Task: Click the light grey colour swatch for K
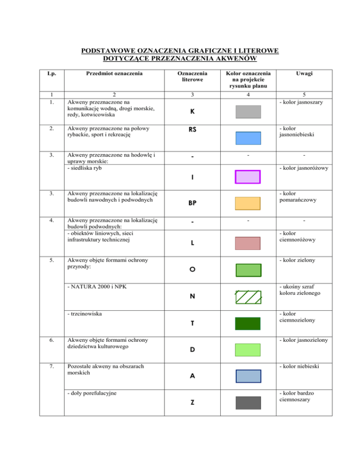click(247, 111)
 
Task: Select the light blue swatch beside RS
click(247, 138)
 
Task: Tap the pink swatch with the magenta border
click(247, 177)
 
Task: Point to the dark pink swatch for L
click(247, 243)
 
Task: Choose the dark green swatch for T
click(247, 323)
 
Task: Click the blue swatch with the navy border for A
click(247, 376)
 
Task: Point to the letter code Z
click(193, 404)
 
